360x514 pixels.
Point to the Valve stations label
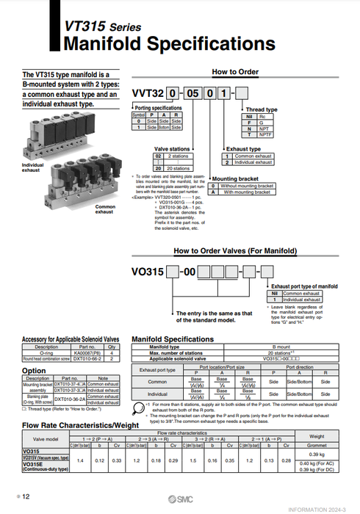(x=170, y=148)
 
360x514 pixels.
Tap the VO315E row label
(x=34, y=465)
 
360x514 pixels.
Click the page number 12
(x=26, y=497)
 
